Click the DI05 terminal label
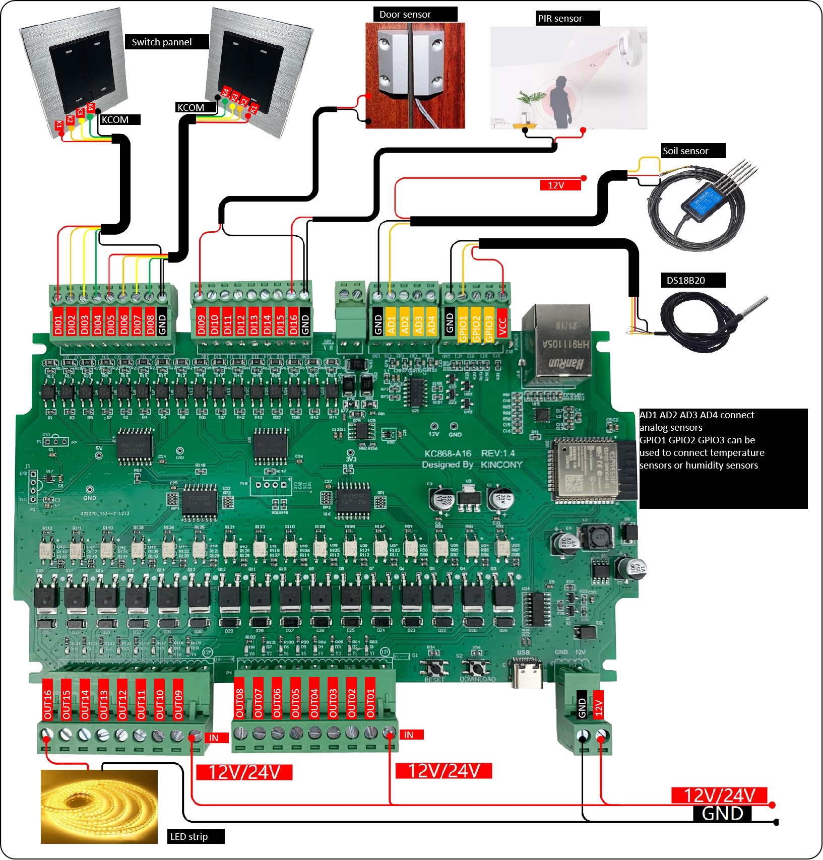(x=111, y=320)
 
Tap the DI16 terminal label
(x=293, y=321)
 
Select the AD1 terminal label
(x=391, y=321)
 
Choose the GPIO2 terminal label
(x=476, y=324)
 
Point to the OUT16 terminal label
(x=48, y=700)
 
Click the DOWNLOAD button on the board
(x=476, y=668)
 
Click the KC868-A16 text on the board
(x=448, y=453)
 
